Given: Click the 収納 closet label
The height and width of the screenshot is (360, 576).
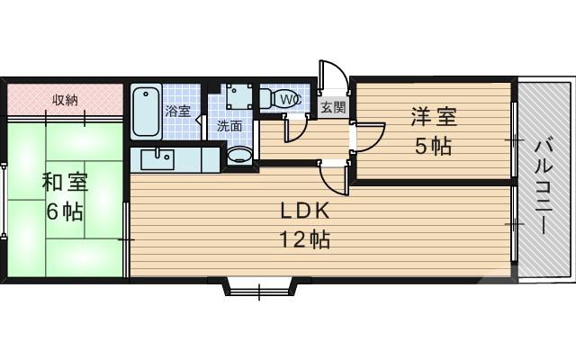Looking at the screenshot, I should point(63,98).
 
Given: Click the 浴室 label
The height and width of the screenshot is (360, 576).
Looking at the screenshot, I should point(178,112).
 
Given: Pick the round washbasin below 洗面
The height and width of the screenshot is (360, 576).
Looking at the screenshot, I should point(239,156).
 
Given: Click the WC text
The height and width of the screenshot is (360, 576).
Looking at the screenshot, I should point(290,98).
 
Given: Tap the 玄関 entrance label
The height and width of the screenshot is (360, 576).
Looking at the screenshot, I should point(332,106).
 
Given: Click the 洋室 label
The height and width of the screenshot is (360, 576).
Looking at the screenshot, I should point(434,117).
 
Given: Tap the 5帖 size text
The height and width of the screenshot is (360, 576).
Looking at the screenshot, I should point(434,147).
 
